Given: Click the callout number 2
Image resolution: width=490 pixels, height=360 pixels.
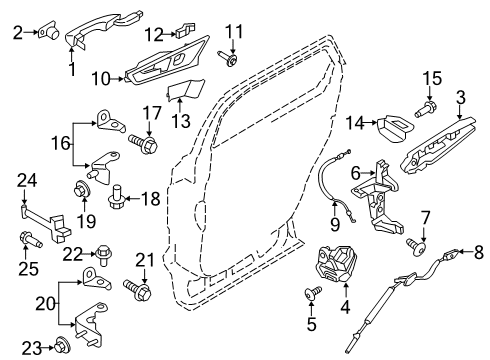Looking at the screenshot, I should point(17,34).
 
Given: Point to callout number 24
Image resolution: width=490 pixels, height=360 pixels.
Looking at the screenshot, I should point(27,181).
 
